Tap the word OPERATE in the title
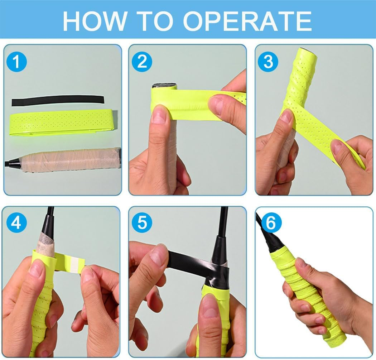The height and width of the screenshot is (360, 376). pos(248,21)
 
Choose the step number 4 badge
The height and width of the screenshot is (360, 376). pos(17,223)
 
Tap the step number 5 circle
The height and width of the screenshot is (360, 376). pos(142,223)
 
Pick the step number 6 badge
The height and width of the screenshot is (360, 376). pos(271,223)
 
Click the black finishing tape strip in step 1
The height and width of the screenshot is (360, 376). pos(58,101)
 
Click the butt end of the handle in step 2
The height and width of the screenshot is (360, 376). pos(164,86)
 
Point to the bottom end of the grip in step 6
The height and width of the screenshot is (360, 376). pos(329,337)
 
